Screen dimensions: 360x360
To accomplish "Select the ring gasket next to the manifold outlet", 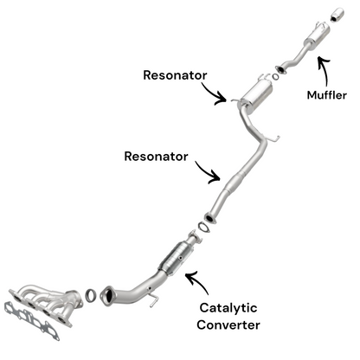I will pos(90,295).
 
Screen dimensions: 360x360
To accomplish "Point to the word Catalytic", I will pos(228,308).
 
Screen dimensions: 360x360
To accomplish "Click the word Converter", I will pos(228,325).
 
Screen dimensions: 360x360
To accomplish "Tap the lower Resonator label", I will pos(156,157).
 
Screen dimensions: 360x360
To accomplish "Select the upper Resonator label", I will pos(175,75).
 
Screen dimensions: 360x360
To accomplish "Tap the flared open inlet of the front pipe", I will pos(108,293).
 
